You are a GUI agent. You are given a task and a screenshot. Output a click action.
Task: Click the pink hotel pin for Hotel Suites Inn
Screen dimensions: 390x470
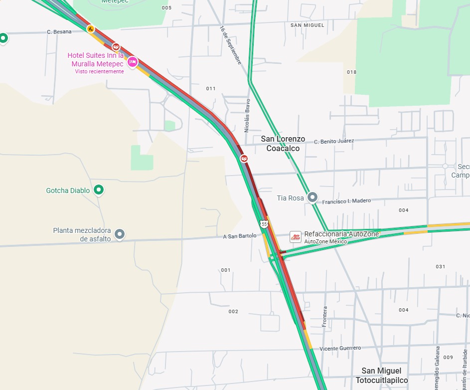tap(132, 61)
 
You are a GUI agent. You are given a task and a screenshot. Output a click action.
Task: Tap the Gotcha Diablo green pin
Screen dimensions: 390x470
tap(99, 190)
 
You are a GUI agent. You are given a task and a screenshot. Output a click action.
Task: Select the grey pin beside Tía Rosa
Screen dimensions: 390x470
tap(313, 197)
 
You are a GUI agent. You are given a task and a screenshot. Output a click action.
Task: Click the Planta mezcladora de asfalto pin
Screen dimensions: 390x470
tap(119, 233)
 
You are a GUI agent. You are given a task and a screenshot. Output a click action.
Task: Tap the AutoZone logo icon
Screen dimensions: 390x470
tap(296, 237)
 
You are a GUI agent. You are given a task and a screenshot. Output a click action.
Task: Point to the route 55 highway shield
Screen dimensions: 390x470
tap(264, 224)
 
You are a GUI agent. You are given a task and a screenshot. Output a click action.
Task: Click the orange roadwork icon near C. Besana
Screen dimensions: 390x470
tap(90, 29)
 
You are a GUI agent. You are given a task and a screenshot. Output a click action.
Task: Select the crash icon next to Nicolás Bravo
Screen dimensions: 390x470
tap(244, 159)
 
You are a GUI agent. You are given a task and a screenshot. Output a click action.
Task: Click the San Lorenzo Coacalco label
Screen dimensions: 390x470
tap(283, 144)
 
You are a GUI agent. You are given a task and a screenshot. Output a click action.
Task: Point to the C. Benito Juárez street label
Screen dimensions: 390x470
tap(334, 141)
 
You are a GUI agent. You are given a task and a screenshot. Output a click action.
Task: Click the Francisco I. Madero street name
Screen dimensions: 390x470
tap(346, 201)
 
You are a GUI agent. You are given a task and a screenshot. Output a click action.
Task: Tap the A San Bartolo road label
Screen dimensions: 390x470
tap(240, 236)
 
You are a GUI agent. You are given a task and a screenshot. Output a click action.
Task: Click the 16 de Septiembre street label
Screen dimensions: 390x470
tap(230, 45)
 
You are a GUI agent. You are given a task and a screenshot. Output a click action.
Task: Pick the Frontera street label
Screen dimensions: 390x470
tap(325, 317)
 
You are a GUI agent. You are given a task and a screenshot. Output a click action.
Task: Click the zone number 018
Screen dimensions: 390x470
tap(351, 72)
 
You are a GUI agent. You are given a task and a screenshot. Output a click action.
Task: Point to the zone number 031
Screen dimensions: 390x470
tap(440, 266)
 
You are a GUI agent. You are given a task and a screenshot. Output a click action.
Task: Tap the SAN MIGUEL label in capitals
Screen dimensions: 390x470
tap(307, 25)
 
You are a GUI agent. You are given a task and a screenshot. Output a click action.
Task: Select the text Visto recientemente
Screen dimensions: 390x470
tap(99, 71)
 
